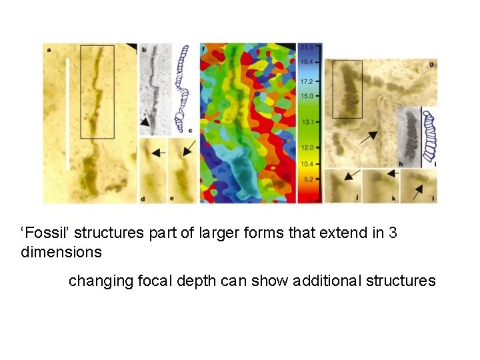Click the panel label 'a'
point(48,48)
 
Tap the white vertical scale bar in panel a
point(67,113)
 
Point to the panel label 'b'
point(145,49)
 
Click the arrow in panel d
point(158,153)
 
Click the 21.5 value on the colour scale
point(307,47)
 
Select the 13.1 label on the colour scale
point(307,122)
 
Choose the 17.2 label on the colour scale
point(307,81)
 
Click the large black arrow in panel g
point(367,137)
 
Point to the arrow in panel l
point(418,192)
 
